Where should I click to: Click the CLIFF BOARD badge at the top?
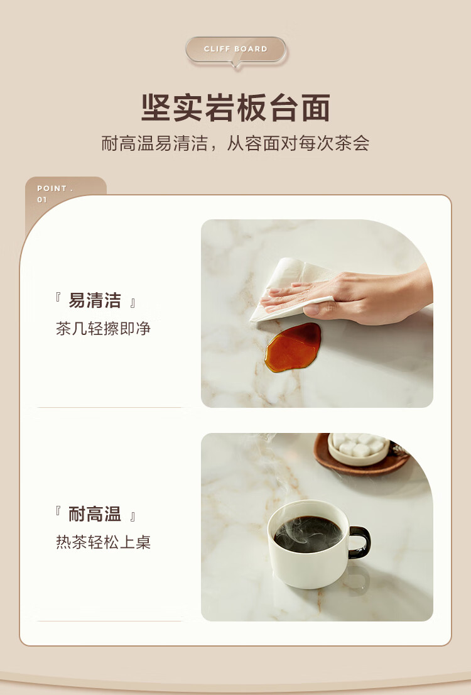(x=235, y=50)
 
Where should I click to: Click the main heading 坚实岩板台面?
(x=235, y=107)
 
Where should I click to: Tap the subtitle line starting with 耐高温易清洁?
(x=235, y=143)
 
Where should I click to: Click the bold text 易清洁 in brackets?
(x=95, y=300)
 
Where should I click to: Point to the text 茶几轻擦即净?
(x=103, y=329)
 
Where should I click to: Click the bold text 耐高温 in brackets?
(x=95, y=514)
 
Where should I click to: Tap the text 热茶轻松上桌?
(x=103, y=542)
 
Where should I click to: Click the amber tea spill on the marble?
(x=293, y=347)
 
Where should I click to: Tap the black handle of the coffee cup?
(x=360, y=542)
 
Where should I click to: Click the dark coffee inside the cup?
(x=308, y=534)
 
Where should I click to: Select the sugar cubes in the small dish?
(x=359, y=444)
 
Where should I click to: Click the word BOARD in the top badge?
(x=251, y=49)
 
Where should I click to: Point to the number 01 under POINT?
(x=41, y=200)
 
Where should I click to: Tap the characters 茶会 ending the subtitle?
(x=352, y=143)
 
